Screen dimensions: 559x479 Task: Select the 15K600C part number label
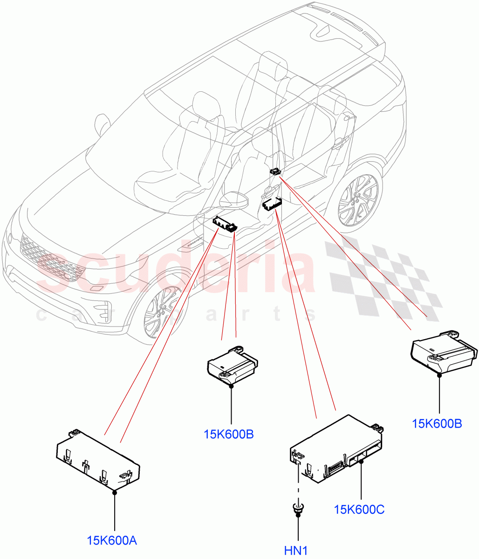(x=359, y=509)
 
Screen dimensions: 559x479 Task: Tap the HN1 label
(x=296, y=551)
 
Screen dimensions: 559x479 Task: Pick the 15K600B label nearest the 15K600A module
(x=228, y=434)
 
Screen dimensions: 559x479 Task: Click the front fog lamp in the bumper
(x=103, y=311)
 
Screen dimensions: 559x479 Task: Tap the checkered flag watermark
(x=382, y=279)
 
